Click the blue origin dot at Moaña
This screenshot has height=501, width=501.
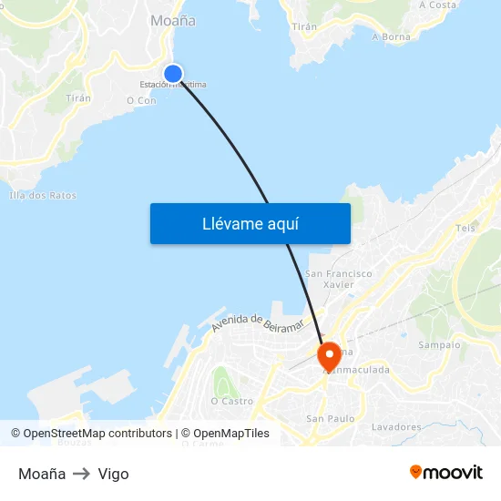(172, 73)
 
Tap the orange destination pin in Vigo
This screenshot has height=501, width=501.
(328, 354)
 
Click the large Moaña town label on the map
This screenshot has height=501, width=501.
(172, 20)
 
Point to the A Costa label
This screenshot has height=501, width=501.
(437, 5)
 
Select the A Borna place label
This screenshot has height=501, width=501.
(391, 37)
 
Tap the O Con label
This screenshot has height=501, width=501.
(141, 101)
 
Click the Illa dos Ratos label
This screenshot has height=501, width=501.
(43, 195)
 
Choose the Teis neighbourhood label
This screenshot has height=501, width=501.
(465, 229)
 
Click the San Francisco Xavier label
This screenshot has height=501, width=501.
(339, 279)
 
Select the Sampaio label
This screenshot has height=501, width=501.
(439, 345)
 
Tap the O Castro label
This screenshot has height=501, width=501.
(231, 401)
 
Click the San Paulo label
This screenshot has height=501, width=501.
(330, 419)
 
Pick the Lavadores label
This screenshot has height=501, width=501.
(396, 426)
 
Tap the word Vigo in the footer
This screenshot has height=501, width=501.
(114, 474)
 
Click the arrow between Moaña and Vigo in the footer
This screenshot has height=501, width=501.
(82, 474)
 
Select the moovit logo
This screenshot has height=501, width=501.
(445, 472)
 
